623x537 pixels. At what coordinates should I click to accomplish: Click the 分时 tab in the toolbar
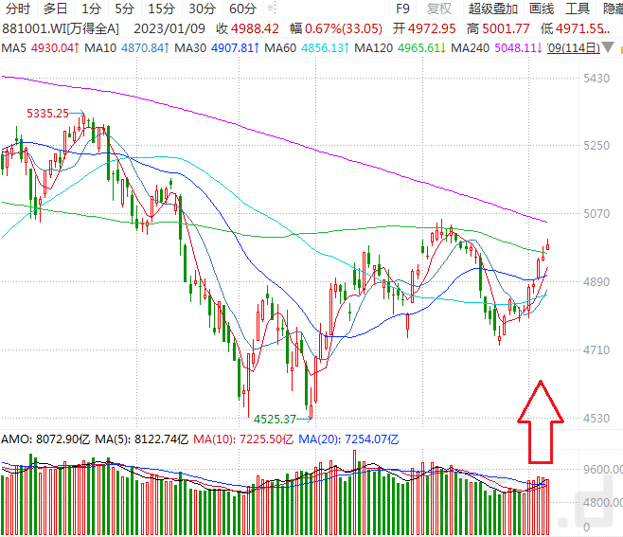coord(18,9)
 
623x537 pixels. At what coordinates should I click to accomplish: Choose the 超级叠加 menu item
coord(493,9)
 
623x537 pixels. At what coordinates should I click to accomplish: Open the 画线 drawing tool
coord(542,9)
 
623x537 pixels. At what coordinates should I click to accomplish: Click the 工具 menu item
coord(578,9)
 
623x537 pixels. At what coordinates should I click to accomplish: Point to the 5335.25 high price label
coord(48,114)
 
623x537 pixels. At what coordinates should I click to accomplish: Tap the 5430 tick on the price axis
coord(596,79)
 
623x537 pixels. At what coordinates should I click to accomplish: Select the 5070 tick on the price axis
coord(596,214)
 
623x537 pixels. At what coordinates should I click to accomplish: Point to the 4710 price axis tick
coord(596,350)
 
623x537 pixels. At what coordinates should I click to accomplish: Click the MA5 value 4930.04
coord(51,47)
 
